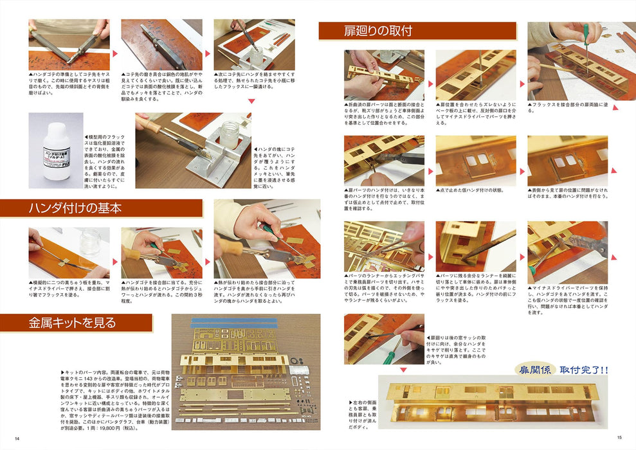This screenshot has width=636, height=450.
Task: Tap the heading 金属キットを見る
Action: [72, 323]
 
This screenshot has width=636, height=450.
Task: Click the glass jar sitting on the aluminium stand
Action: [230, 134]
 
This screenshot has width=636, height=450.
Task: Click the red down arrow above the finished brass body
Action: [431, 370]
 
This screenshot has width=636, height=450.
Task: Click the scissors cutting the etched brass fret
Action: [402, 248]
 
